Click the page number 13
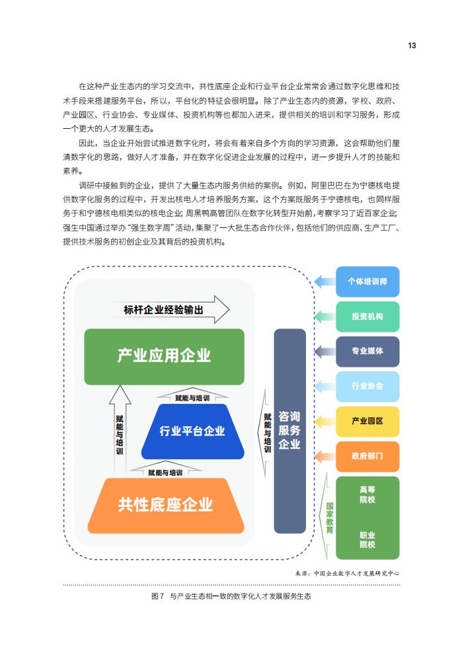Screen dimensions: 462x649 pos(412,46)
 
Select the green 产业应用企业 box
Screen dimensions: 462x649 pos(165,357)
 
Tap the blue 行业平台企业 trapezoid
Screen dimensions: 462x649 pos(192,432)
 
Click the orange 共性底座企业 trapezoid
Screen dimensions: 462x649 pos(166,506)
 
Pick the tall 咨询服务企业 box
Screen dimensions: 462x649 pos(289,431)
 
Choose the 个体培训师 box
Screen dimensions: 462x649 pos(367,282)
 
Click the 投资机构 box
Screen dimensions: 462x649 pos(367,317)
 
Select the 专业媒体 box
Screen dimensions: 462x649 pos(367,352)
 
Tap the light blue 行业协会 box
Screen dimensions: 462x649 pos(367,387)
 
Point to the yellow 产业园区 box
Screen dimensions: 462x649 pos(367,422)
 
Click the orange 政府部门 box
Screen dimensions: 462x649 pos(367,457)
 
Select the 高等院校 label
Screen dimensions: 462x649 pos(367,494)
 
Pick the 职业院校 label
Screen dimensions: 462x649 pos(367,540)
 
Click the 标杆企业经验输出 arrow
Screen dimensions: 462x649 pos(171,309)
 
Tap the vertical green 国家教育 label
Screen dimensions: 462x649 pos(330,517)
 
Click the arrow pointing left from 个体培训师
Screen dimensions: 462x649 pos(325,282)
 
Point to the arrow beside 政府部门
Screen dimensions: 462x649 pos(325,457)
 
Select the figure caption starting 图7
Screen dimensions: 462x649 pos(231,596)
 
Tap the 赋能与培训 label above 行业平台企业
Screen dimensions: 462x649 pos(192,398)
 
